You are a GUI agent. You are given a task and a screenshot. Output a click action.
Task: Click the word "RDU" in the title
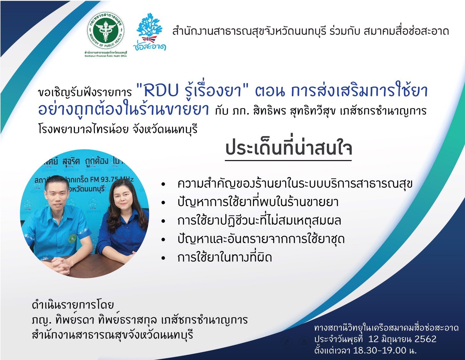(161, 91)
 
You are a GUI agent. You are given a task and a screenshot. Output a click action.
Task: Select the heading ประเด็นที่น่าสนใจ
(288, 149)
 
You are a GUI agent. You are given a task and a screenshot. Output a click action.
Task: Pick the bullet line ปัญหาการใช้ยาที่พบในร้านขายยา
(258, 202)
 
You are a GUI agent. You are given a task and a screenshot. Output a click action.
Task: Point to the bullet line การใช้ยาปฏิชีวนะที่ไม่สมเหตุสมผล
(259, 221)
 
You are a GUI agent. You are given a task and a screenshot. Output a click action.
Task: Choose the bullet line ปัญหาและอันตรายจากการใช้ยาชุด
(261, 239)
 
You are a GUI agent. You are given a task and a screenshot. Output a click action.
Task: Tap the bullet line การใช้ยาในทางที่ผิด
(225, 258)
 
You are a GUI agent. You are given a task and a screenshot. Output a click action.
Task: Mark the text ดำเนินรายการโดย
(73, 305)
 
